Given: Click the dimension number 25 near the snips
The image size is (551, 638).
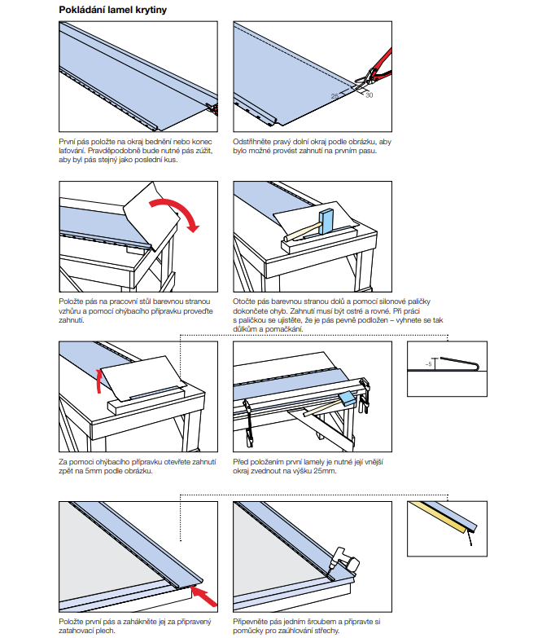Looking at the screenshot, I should click(x=335, y=96).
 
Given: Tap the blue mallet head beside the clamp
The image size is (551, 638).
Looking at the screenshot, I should click(x=349, y=398).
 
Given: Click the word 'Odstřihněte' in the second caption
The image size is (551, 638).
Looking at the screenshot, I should click(x=252, y=142).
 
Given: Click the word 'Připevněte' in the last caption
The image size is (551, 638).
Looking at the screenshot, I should click(x=252, y=622).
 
